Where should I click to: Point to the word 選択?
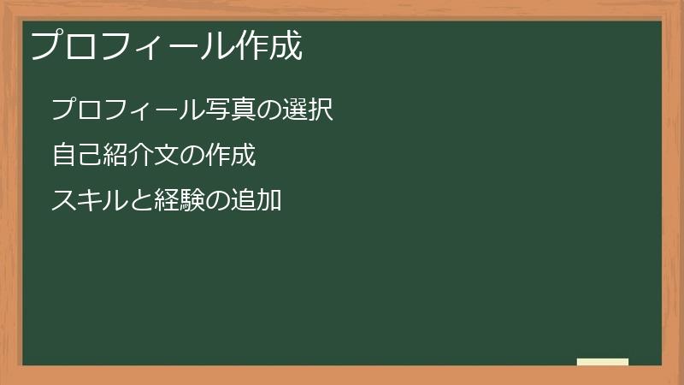pyautogui.click(x=307, y=110)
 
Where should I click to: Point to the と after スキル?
pyautogui.click(x=140, y=202)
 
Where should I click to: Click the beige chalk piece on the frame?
pyautogui.click(x=603, y=362)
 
